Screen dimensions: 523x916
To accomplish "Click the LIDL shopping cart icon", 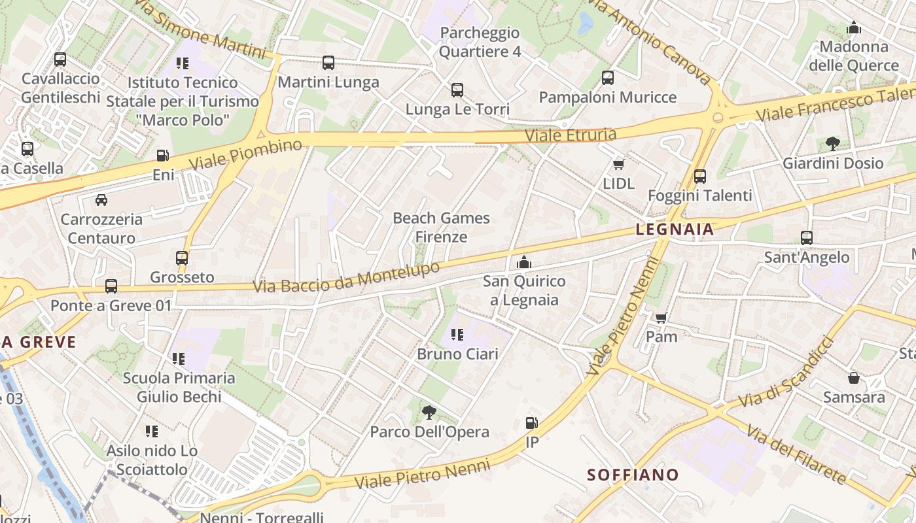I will (x=618, y=164).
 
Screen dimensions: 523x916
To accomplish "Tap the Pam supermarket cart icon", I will (x=661, y=318).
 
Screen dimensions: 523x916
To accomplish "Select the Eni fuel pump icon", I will (x=162, y=156).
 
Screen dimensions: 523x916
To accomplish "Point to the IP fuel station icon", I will (x=532, y=423).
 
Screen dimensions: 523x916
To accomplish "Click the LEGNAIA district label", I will (x=675, y=229).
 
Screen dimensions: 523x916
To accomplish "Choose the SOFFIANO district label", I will (x=633, y=475).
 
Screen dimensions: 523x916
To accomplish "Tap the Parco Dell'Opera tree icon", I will (x=429, y=413).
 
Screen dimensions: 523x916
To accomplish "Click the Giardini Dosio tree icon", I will (x=833, y=143).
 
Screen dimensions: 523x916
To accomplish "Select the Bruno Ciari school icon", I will (x=457, y=335).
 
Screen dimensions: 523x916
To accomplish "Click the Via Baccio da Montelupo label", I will (x=346, y=277).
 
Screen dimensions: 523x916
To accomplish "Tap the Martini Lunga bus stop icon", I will (x=328, y=63).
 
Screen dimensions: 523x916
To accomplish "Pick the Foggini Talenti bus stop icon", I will (x=700, y=176).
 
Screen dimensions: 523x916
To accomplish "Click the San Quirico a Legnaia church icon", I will (x=523, y=263).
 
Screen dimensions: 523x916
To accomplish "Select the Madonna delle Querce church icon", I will (x=854, y=28).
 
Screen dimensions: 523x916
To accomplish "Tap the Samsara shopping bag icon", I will (x=854, y=378).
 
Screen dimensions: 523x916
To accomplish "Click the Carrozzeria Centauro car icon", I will (x=101, y=200).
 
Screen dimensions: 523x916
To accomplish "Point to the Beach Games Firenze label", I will (x=441, y=227).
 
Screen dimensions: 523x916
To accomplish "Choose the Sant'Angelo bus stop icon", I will (x=807, y=238).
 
